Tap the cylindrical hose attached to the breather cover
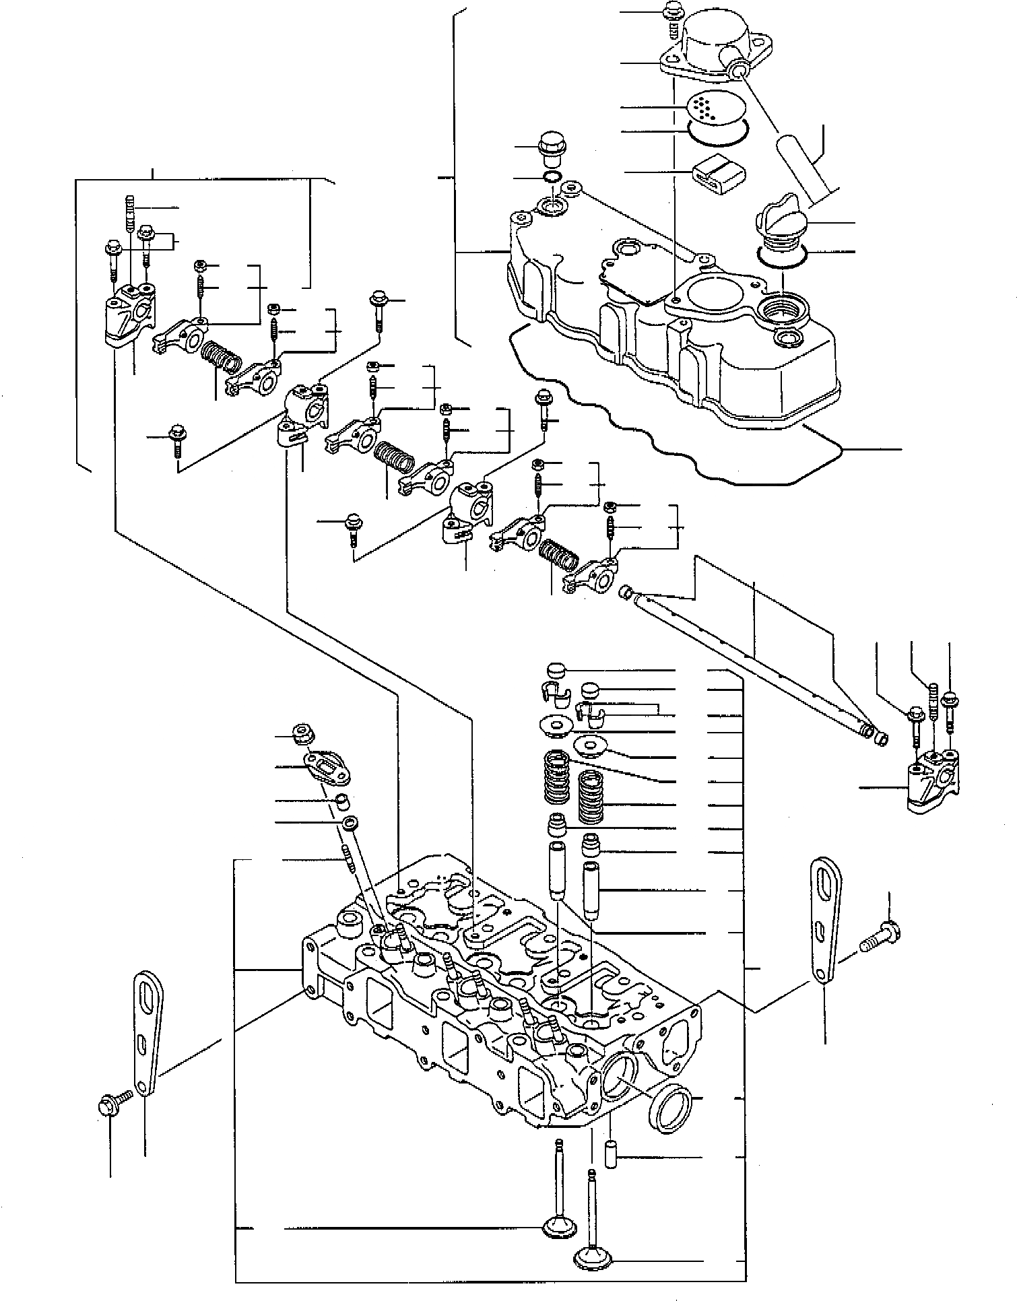(x=805, y=166)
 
